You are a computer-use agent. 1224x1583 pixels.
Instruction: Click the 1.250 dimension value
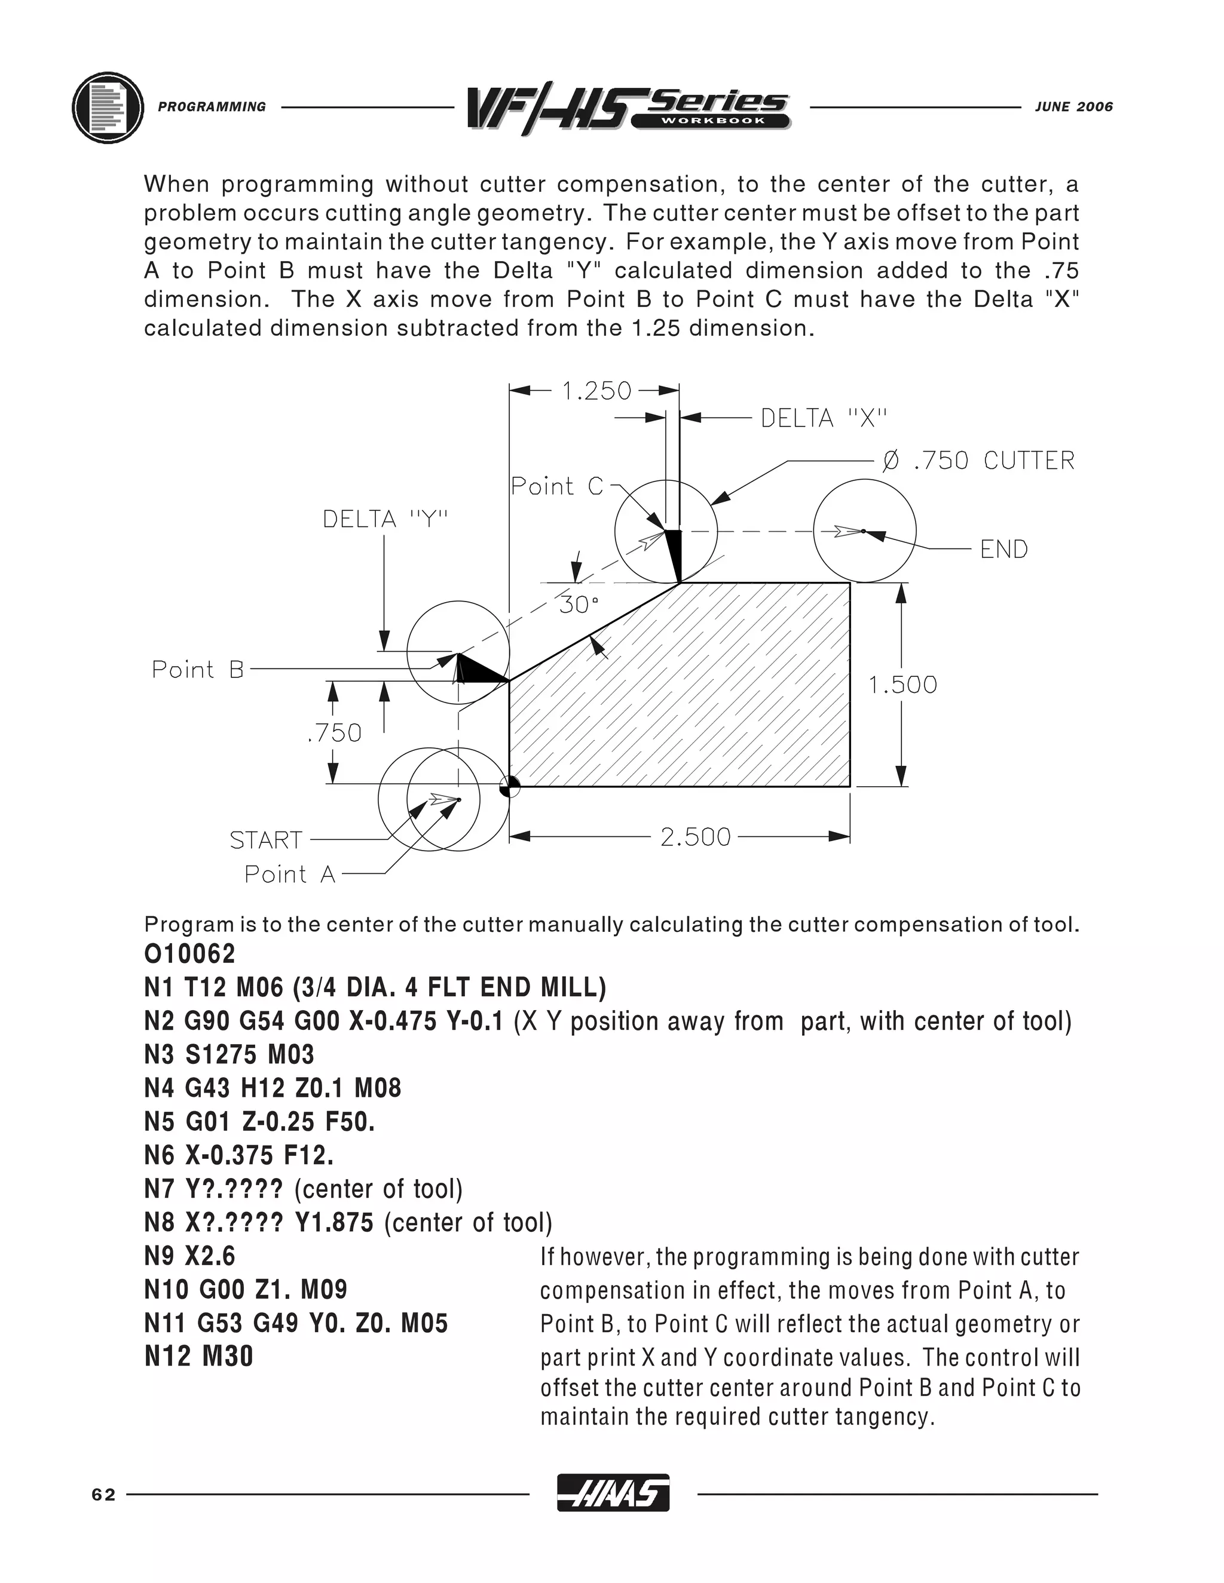click(597, 391)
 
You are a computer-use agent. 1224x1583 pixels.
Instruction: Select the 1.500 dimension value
click(903, 685)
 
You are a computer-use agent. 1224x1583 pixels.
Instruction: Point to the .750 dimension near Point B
click(333, 733)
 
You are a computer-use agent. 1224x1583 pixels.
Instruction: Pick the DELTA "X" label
click(824, 418)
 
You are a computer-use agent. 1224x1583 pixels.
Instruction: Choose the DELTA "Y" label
click(385, 519)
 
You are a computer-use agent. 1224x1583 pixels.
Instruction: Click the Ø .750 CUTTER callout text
click(978, 460)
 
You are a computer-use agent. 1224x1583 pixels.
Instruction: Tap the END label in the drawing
click(1003, 550)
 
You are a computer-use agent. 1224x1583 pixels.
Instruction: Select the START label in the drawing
click(265, 840)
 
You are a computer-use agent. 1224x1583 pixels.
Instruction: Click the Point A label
click(290, 874)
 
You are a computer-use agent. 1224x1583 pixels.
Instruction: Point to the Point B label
click(198, 669)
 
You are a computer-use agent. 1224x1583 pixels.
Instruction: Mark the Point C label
click(557, 486)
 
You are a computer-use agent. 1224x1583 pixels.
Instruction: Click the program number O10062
click(190, 955)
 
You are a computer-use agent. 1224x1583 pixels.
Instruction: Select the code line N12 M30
click(198, 1356)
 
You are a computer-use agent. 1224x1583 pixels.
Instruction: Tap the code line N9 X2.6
click(190, 1256)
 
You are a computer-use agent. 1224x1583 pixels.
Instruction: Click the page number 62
click(103, 1495)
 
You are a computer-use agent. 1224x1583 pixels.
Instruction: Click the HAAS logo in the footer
click(613, 1494)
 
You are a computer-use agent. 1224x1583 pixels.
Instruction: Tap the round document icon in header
click(108, 108)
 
